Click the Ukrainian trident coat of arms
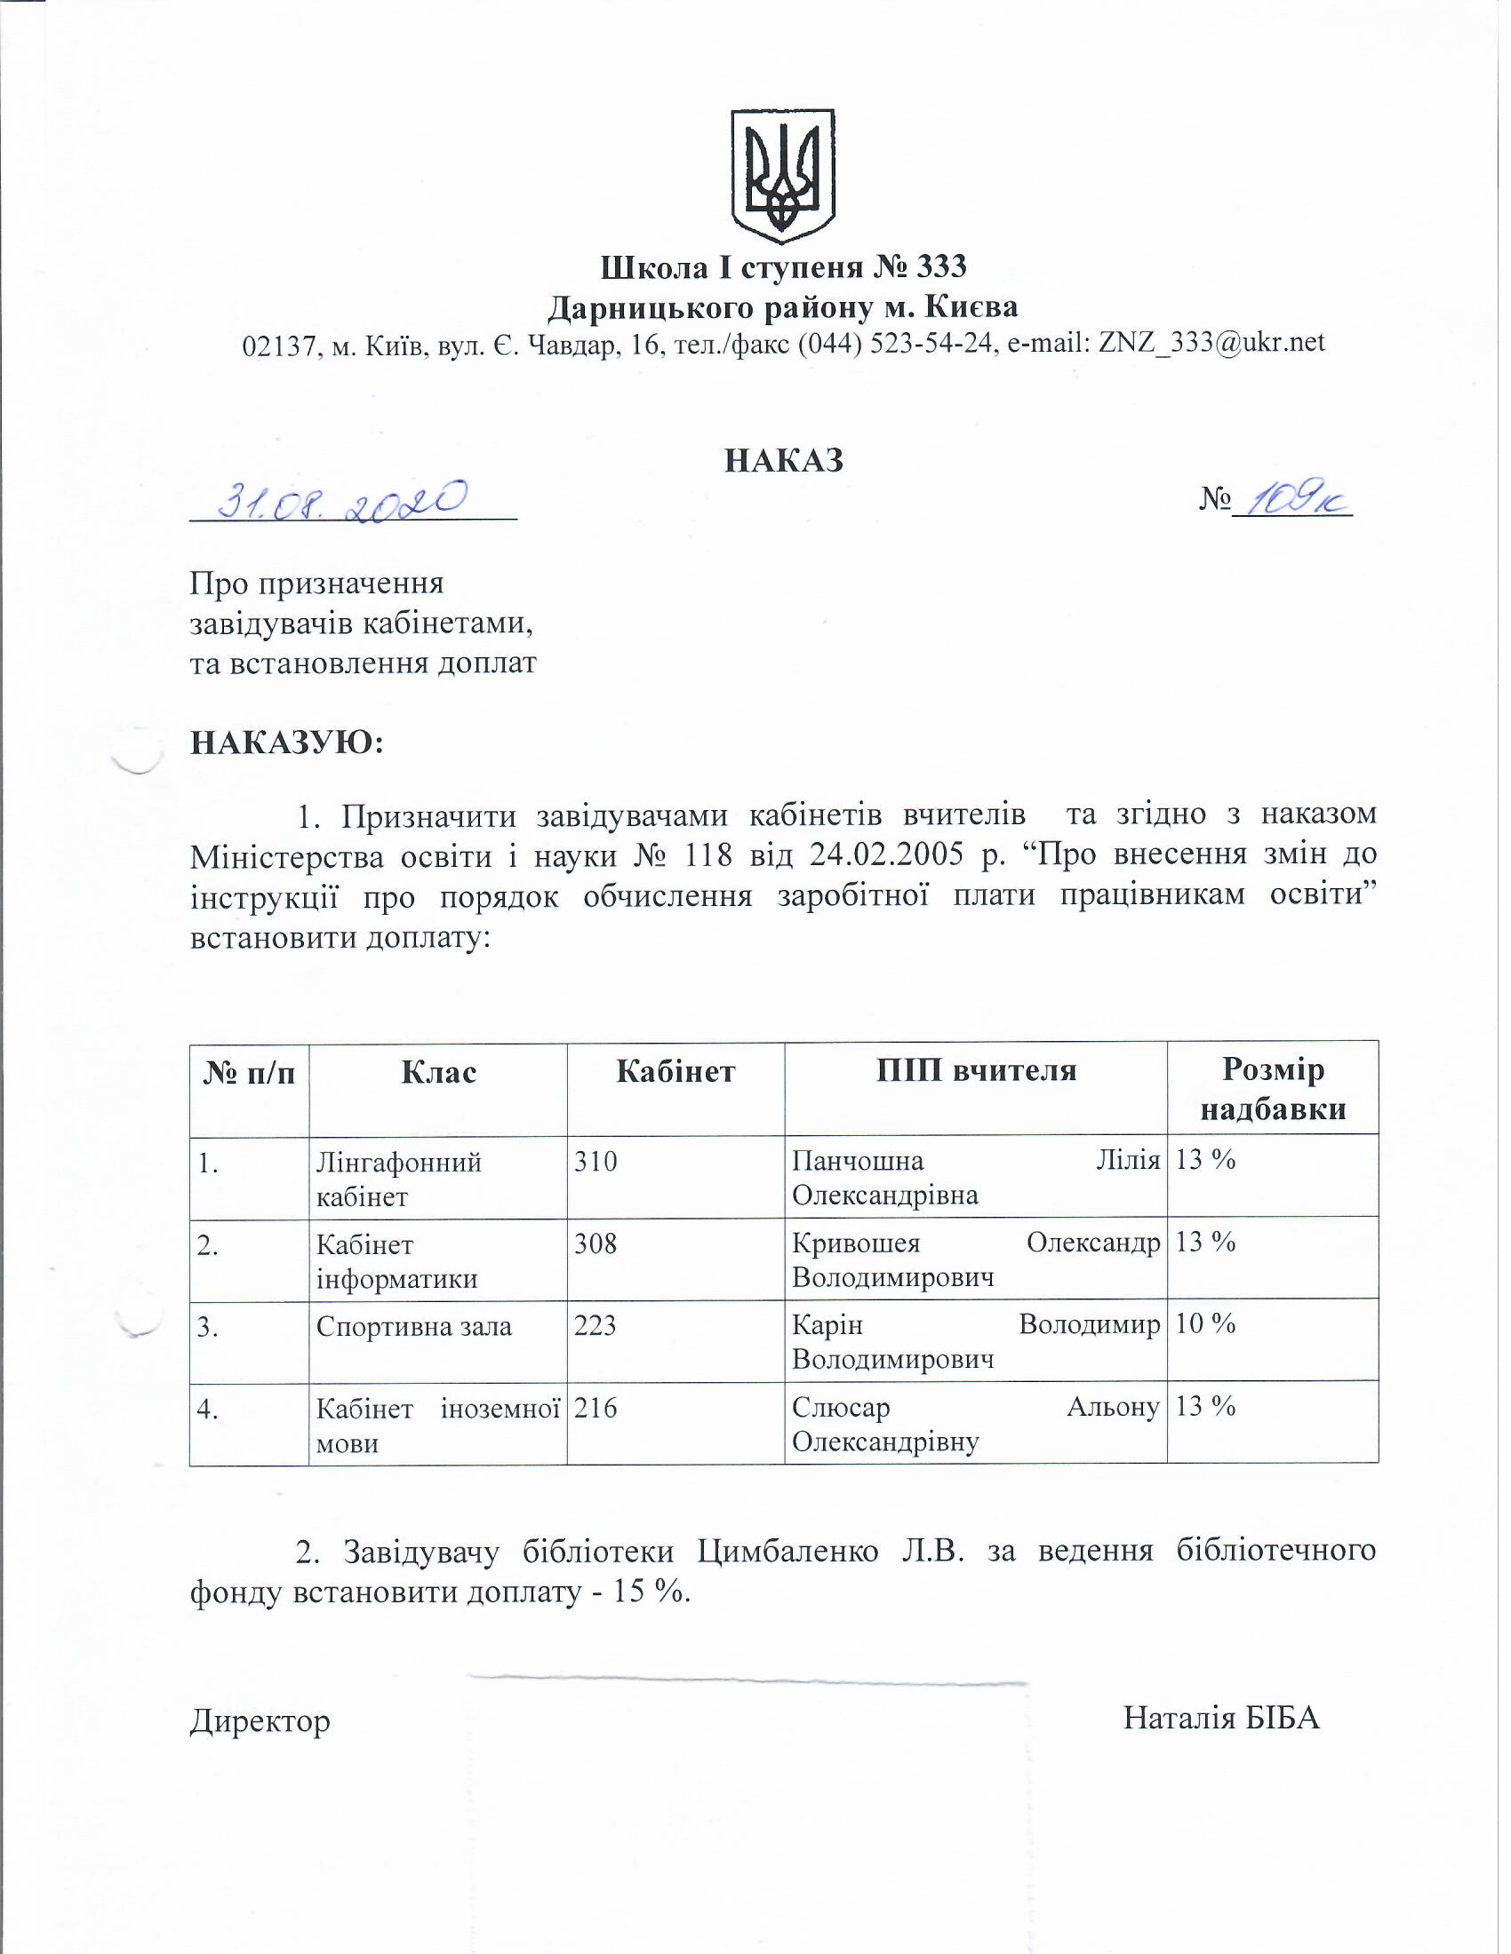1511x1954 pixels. click(x=783, y=175)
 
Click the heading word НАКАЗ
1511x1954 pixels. click(x=784, y=460)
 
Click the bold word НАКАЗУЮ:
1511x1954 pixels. click(x=286, y=743)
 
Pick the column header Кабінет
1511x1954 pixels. click(x=676, y=1071)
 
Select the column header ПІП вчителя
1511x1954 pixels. click(x=976, y=1069)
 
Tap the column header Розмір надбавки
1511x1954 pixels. click(x=1273, y=1089)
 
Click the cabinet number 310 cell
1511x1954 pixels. click(x=596, y=1163)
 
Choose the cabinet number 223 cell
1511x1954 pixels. click(x=596, y=1325)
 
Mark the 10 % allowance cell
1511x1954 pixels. click(x=1205, y=1324)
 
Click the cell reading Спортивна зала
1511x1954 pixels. click(x=413, y=1326)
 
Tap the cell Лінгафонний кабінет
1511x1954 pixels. click(x=399, y=1180)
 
